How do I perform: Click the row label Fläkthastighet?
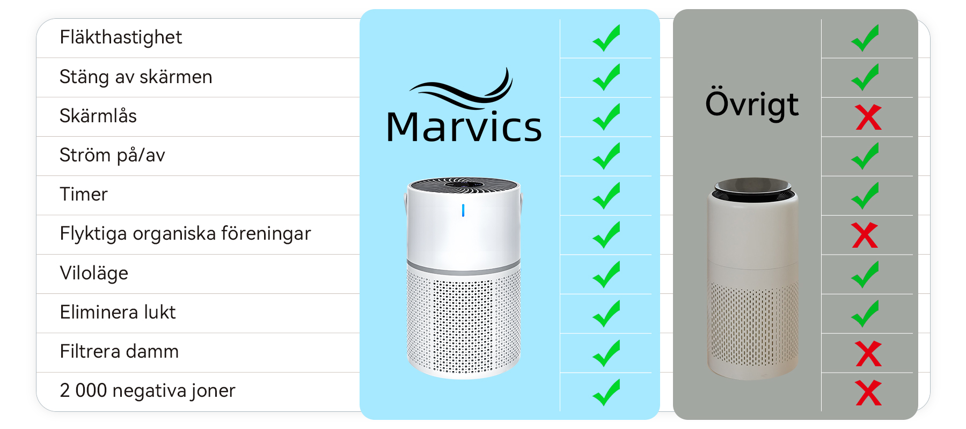pyautogui.click(x=121, y=38)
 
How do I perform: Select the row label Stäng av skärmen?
pyautogui.click(x=136, y=77)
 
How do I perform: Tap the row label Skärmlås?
pyautogui.click(x=98, y=116)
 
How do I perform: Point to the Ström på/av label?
pyautogui.click(x=112, y=156)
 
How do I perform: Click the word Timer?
pyautogui.click(x=84, y=194)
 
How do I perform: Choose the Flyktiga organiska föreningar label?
pyautogui.click(x=185, y=234)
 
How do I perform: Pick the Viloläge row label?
pyautogui.click(x=94, y=273)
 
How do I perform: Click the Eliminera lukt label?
pyautogui.click(x=118, y=312)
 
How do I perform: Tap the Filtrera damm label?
pyautogui.click(x=119, y=351)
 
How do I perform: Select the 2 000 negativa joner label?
pyautogui.click(x=148, y=391)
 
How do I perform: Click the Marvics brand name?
pyautogui.click(x=464, y=128)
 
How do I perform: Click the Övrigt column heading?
pyautogui.click(x=752, y=105)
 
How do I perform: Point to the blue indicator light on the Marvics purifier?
pyautogui.click(x=463, y=211)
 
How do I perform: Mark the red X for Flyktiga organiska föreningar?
pyautogui.click(x=865, y=235)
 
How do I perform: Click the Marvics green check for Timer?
pyautogui.click(x=606, y=195)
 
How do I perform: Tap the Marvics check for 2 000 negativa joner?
pyautogui.click(x=606, y=392)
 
